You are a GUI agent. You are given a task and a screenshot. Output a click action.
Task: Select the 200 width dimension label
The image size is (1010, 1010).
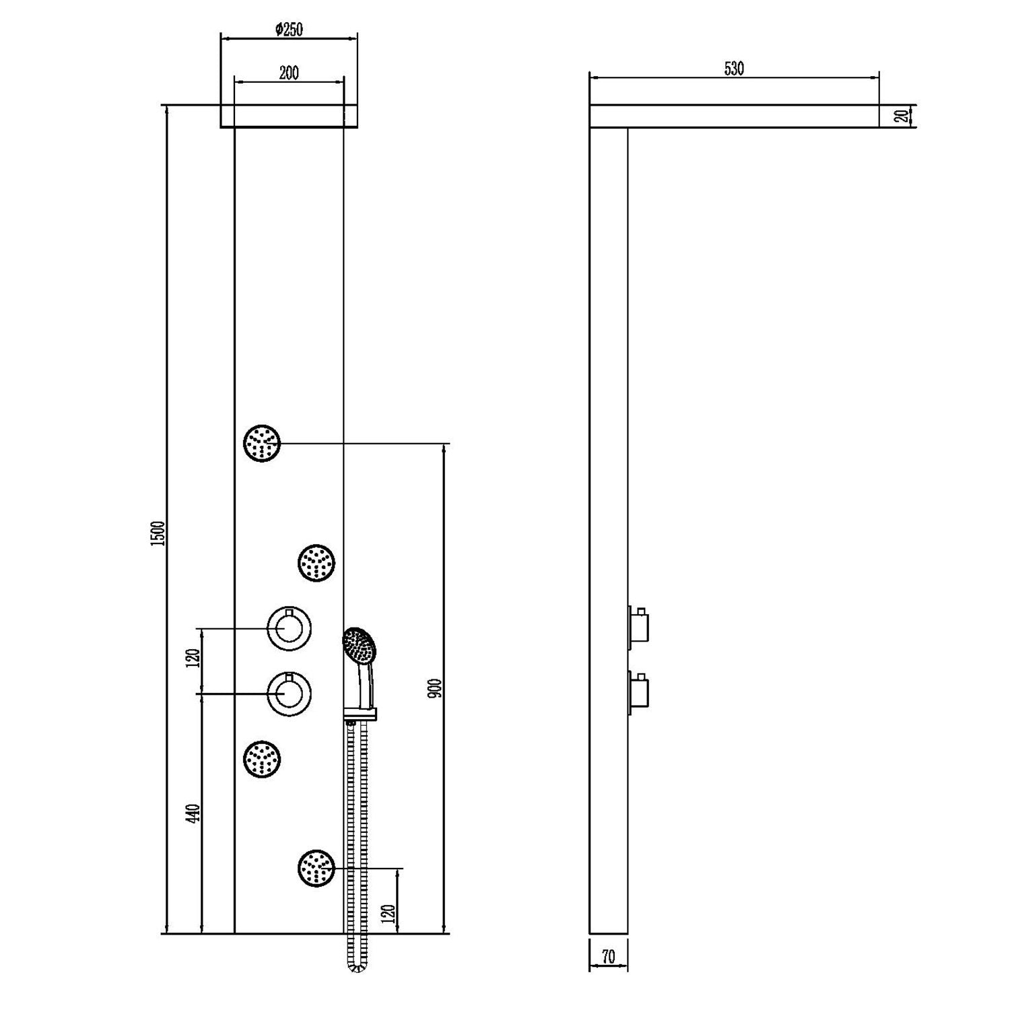coord(288,73)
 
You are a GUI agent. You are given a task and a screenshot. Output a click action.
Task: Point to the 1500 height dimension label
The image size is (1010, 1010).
coord(158,533)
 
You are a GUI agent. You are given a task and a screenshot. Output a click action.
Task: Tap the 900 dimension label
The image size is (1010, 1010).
coord(435,687)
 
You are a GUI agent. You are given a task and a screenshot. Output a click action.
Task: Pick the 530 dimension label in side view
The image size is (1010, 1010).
coord(734,69)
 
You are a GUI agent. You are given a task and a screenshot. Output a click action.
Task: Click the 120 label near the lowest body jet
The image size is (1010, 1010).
coord(388,914)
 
